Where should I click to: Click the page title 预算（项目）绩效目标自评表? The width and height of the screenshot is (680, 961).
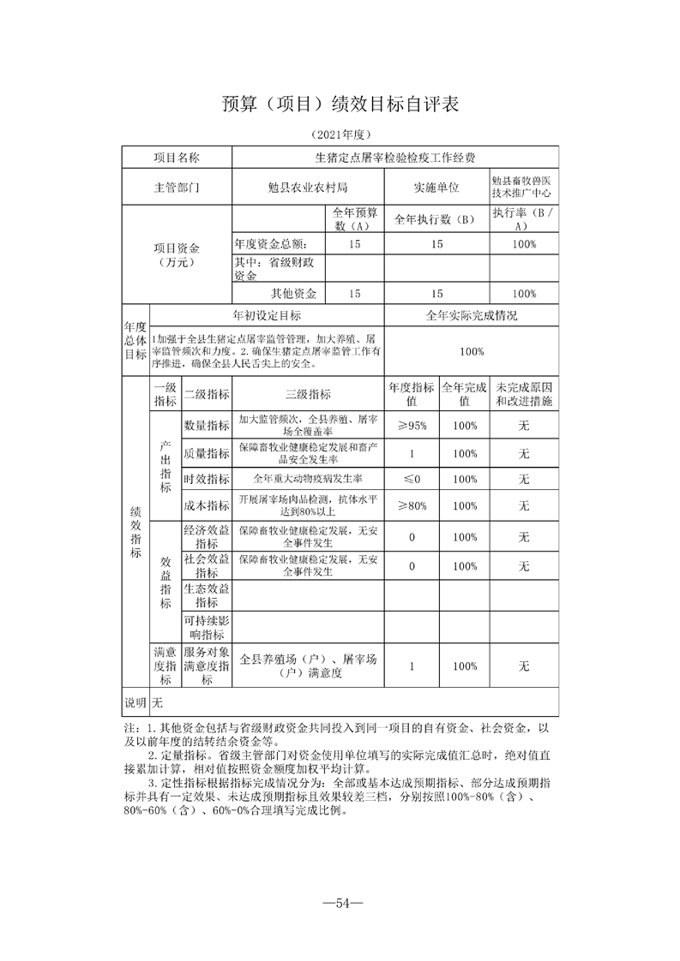point(340,104)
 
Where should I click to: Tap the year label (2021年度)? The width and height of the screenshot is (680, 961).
point(340,134)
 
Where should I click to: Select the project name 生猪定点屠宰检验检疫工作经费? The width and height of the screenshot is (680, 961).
point(395,158)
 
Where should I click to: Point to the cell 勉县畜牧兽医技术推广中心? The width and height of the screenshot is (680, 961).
point(523,188)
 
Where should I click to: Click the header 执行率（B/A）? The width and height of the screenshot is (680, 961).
point(523,218)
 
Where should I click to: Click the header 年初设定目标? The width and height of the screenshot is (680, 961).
point(267,315)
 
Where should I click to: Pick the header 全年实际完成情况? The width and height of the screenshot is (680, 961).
point(472,315)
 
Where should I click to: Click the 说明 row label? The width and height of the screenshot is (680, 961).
point(135,703)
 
